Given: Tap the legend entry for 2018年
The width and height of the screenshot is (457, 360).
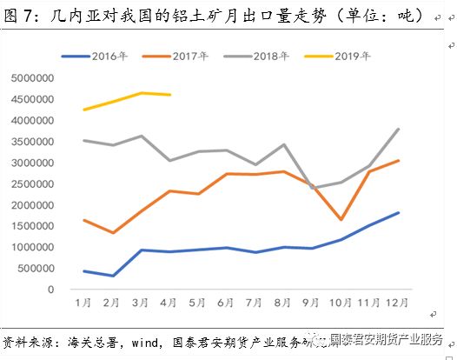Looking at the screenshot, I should click(268, 57).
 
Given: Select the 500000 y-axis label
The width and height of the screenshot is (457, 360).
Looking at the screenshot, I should click(36, 268).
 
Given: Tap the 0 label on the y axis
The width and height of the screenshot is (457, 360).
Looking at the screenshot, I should click(51, 290).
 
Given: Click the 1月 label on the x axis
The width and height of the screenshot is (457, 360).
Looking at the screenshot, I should click(84, 302).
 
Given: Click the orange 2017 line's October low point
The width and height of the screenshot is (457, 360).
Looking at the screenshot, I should click(342, 220).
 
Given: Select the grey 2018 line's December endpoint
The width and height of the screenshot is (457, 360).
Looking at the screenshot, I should click(399, 130).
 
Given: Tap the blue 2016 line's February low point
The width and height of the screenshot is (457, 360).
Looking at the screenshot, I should click(113, 276).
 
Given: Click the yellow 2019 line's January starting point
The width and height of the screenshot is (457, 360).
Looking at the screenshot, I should click(84, 110).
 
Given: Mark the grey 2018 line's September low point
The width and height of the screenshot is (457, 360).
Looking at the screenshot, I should click(314, 188).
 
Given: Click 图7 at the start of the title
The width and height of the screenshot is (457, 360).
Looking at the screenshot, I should click(20, 16).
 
